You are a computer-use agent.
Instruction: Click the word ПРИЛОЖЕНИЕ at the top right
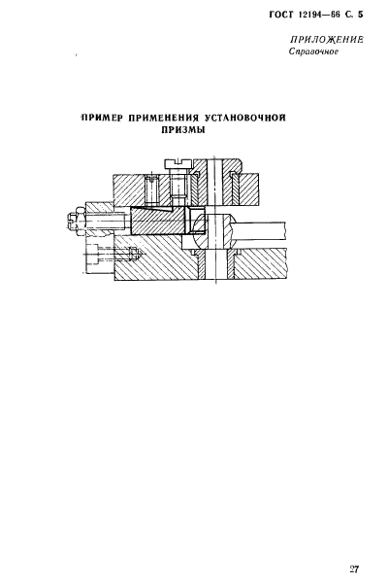(x=326, y=40)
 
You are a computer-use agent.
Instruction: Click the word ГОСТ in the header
(x=280, y=15)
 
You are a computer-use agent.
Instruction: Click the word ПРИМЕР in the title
(x=102, y=118)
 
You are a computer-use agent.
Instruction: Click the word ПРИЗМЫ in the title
(x=183, y=130)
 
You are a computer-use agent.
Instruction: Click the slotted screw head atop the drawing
(x=178, y=163)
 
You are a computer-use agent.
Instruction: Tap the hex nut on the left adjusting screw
(x=78, y=223)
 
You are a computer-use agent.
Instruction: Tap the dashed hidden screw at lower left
(x=113, y=256)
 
